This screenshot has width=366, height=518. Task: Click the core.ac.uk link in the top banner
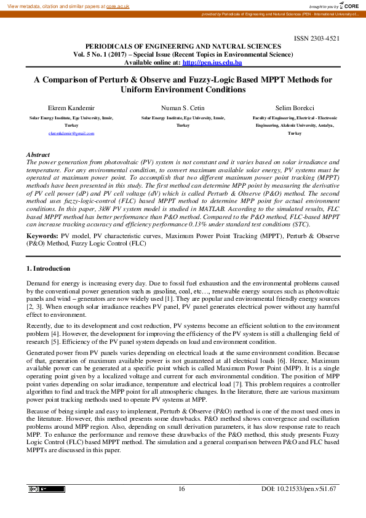click(117, 5)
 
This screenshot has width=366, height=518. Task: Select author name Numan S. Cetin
click(183, 108)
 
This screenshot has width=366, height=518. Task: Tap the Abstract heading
click(38, 154)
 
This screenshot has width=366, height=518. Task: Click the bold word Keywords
click(42, 236)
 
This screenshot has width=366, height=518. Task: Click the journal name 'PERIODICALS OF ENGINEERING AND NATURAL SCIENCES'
click(183, 46)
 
